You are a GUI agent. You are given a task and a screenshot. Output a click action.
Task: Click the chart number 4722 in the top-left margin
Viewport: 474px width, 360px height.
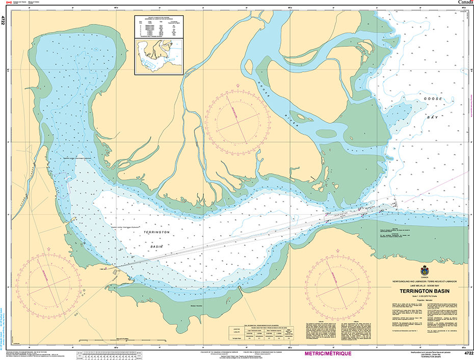pyautogui.click(x=4, y=20)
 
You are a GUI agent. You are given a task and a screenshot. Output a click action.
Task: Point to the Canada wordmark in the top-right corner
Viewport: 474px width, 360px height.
pyautogui.click(x=464, y=3)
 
